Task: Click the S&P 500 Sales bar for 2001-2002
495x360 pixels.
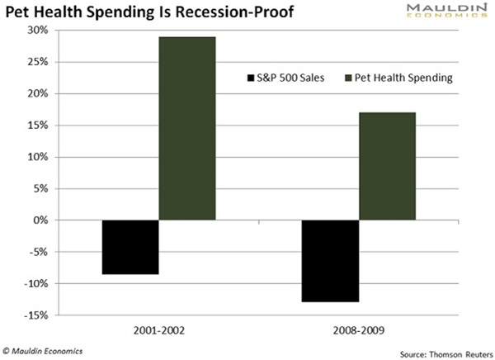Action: point(130,247)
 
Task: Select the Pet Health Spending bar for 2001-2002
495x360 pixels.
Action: point(187,128)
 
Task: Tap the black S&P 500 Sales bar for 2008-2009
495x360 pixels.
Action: point(330,261)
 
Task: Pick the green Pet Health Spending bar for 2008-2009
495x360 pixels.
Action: point(387,166)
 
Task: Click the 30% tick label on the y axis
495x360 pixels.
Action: point(37,30)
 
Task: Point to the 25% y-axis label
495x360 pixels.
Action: point(37,62)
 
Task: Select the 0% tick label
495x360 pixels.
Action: point(40,220)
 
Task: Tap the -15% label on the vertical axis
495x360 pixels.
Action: point(35,315)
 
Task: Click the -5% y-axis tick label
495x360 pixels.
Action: point(37,252)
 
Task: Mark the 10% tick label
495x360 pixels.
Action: point(37,157)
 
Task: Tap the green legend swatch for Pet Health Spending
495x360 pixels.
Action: point(348,78)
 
